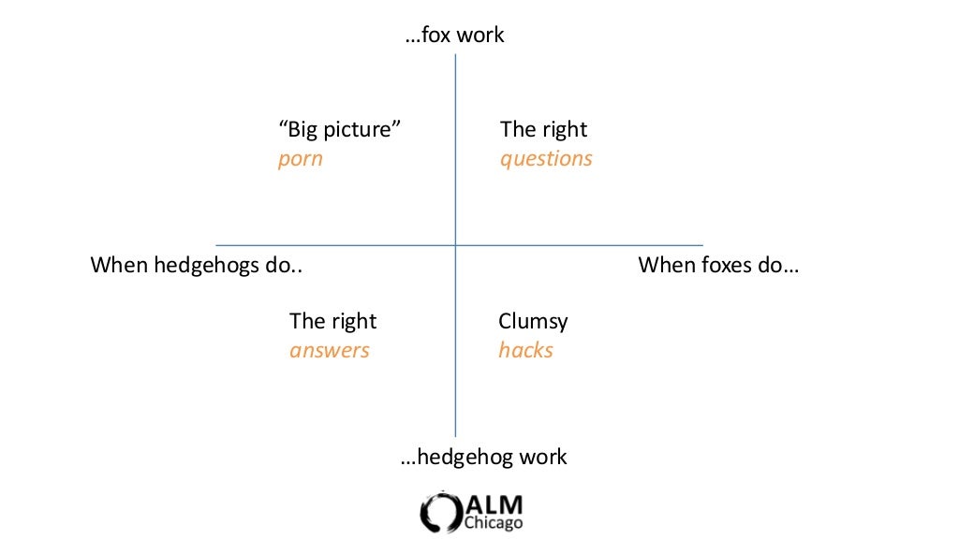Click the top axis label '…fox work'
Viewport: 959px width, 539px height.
point(455,36)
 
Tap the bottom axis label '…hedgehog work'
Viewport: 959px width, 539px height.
point(483,458)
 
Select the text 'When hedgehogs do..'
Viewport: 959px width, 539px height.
point(197,266)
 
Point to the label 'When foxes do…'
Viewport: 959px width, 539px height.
point(718,266)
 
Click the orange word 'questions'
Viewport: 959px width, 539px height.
point(546,159)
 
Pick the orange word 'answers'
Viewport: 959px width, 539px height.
point(330,351)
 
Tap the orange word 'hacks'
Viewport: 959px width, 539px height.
point(525,351)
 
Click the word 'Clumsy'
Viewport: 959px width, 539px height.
point(533,322)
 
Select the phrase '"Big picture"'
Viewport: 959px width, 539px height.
point(340,129)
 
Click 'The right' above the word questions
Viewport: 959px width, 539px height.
point(544,129)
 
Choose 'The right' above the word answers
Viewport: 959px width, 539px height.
point(332,322)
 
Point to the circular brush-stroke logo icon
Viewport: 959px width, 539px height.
point(440,511)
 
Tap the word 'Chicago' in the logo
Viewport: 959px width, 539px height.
point(494,523)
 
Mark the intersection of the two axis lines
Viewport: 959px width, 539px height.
point(455,245)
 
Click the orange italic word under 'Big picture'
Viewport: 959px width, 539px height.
point(301,159)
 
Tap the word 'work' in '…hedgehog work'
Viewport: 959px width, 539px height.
point(543,458)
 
